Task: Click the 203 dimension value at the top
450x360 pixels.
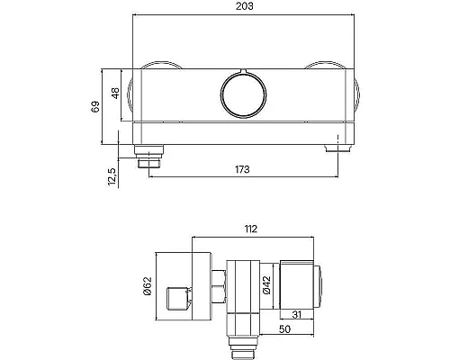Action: [244, 6]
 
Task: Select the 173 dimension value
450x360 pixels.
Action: [242, 169]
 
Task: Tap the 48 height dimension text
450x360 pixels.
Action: [115, 93]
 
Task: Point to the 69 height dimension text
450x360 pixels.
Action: [95, 106]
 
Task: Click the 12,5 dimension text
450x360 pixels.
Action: [112, 176]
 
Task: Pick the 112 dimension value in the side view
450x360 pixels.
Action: [251, 229]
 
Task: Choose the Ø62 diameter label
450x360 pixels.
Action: [148, 286]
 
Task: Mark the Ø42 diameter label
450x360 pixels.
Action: [266, 285]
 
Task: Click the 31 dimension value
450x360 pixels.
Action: [296, 314]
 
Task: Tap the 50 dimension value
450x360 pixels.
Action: [284, 329]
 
